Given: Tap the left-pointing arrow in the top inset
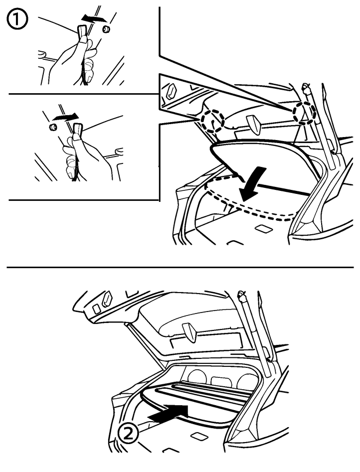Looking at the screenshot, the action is (x=94, y=18).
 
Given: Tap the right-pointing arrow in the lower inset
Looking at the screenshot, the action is (x=65, y=116).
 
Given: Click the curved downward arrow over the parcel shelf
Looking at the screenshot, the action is (x=254, y=183).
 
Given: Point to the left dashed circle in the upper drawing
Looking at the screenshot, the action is (x=213, y=121).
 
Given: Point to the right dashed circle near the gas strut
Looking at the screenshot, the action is (x=305, y=113).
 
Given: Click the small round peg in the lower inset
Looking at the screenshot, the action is (x=53, y=127).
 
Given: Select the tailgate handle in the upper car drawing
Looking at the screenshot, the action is (x=255, y=125).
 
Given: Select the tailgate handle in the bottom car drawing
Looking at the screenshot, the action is (x=189, y=332).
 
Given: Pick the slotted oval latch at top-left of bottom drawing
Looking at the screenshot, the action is (x=106, y=299).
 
